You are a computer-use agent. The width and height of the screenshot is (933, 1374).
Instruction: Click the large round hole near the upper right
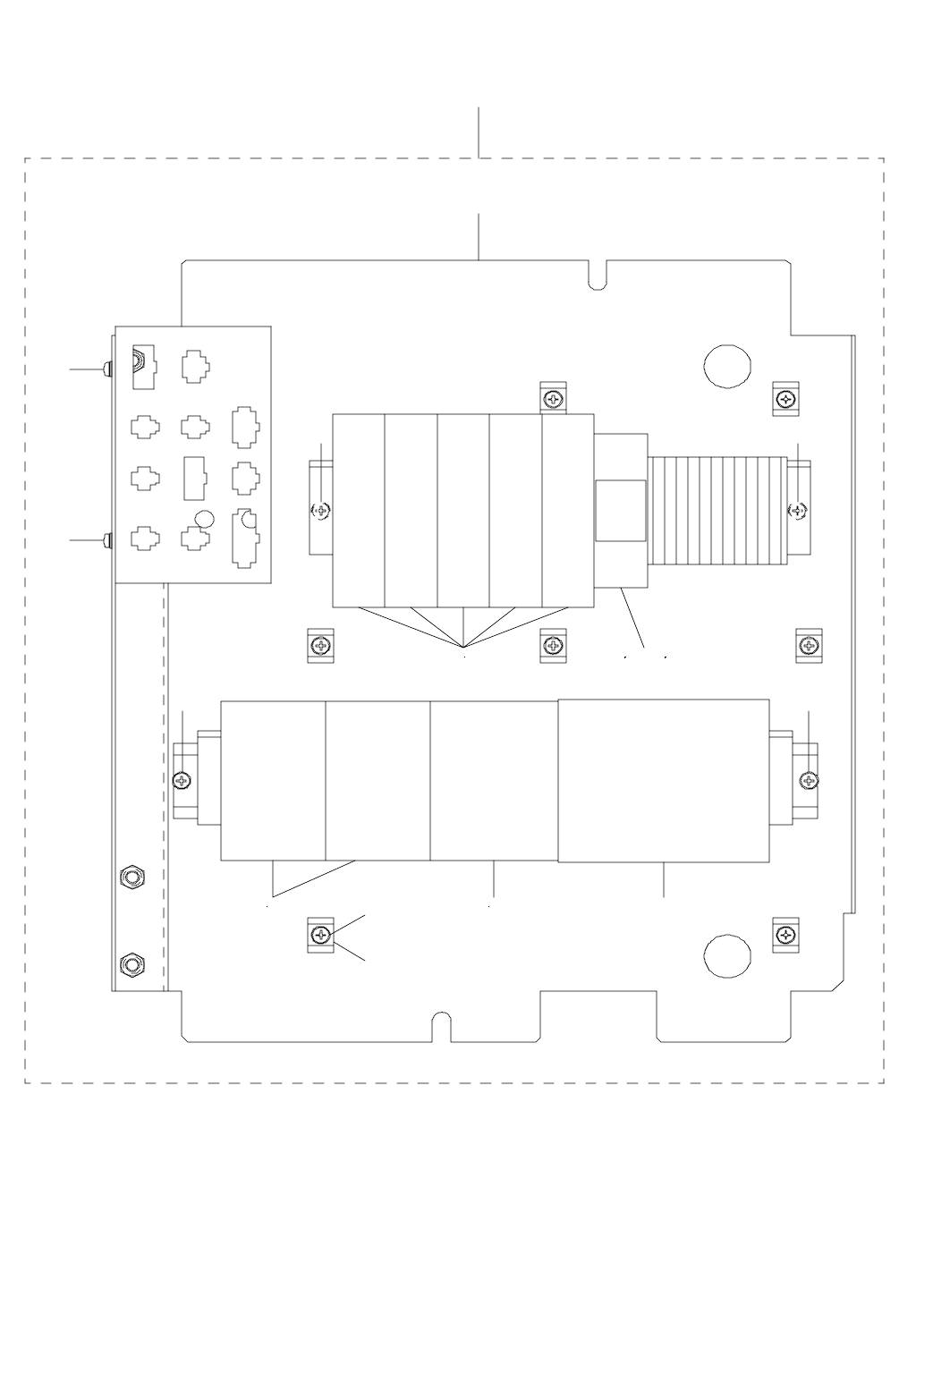[727, 365]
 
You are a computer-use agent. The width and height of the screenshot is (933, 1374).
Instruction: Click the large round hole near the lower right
[727, 954]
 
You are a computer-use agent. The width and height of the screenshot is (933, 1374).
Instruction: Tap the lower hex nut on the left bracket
[132, 963]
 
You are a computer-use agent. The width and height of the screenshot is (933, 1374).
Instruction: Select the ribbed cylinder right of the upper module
[717, 511]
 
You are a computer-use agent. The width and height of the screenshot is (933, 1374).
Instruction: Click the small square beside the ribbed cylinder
[620, 511]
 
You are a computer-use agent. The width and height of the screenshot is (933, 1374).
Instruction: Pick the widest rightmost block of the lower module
[663, 780]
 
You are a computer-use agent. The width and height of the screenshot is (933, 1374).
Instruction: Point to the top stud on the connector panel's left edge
[108, 368]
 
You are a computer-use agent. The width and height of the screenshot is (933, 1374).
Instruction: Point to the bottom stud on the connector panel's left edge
[108, 540]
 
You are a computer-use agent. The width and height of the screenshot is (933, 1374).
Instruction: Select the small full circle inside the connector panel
[205, 517]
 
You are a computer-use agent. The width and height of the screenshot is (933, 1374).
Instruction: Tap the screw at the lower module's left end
[183, 780]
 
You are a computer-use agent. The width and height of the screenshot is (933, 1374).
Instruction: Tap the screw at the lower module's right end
[809, 780]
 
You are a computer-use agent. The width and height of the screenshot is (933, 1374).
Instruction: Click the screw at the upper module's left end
[321, 511]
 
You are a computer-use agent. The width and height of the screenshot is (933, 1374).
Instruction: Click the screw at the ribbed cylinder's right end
[797, 511]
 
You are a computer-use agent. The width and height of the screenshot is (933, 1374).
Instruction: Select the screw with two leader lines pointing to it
[320, 936]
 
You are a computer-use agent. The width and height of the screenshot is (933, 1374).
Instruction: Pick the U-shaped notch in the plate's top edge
[598, 276]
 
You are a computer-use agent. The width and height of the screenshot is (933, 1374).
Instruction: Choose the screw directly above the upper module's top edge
[555, 397]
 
